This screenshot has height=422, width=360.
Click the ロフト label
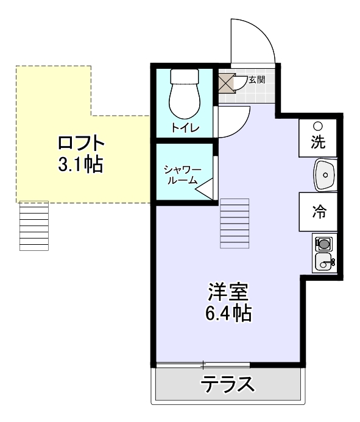80,144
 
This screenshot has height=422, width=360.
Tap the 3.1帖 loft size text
80,164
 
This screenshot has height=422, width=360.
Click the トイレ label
183,128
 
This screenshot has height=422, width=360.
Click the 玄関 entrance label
256,79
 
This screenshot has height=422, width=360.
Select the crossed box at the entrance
226,81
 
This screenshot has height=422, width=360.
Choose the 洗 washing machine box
318,138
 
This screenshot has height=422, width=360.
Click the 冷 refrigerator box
318,211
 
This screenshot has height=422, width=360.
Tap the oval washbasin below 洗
325,174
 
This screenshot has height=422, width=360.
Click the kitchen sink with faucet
324,263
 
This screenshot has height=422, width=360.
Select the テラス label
228,385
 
